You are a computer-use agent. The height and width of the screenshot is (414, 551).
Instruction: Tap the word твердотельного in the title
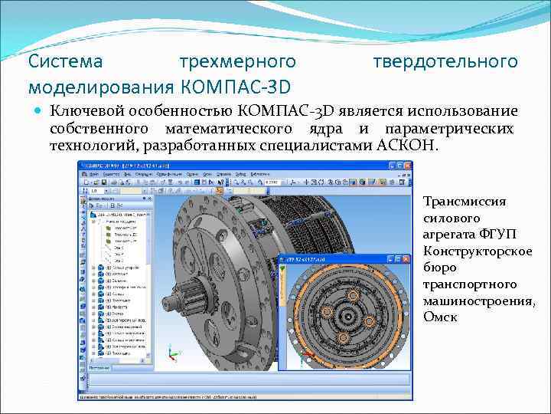click(x=445, y=61)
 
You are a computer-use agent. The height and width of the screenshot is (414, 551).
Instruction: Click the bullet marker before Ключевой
click(x=39, y=112)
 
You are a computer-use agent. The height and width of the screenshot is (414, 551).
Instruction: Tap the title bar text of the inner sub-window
click(x=306, y=259)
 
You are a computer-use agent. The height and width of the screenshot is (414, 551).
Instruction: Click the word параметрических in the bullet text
click(x=449, y=129)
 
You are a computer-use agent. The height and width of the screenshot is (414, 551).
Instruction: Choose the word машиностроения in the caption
click(x=478, y=301)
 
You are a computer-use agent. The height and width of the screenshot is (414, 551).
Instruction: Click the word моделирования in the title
click(x=99, y=83)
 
